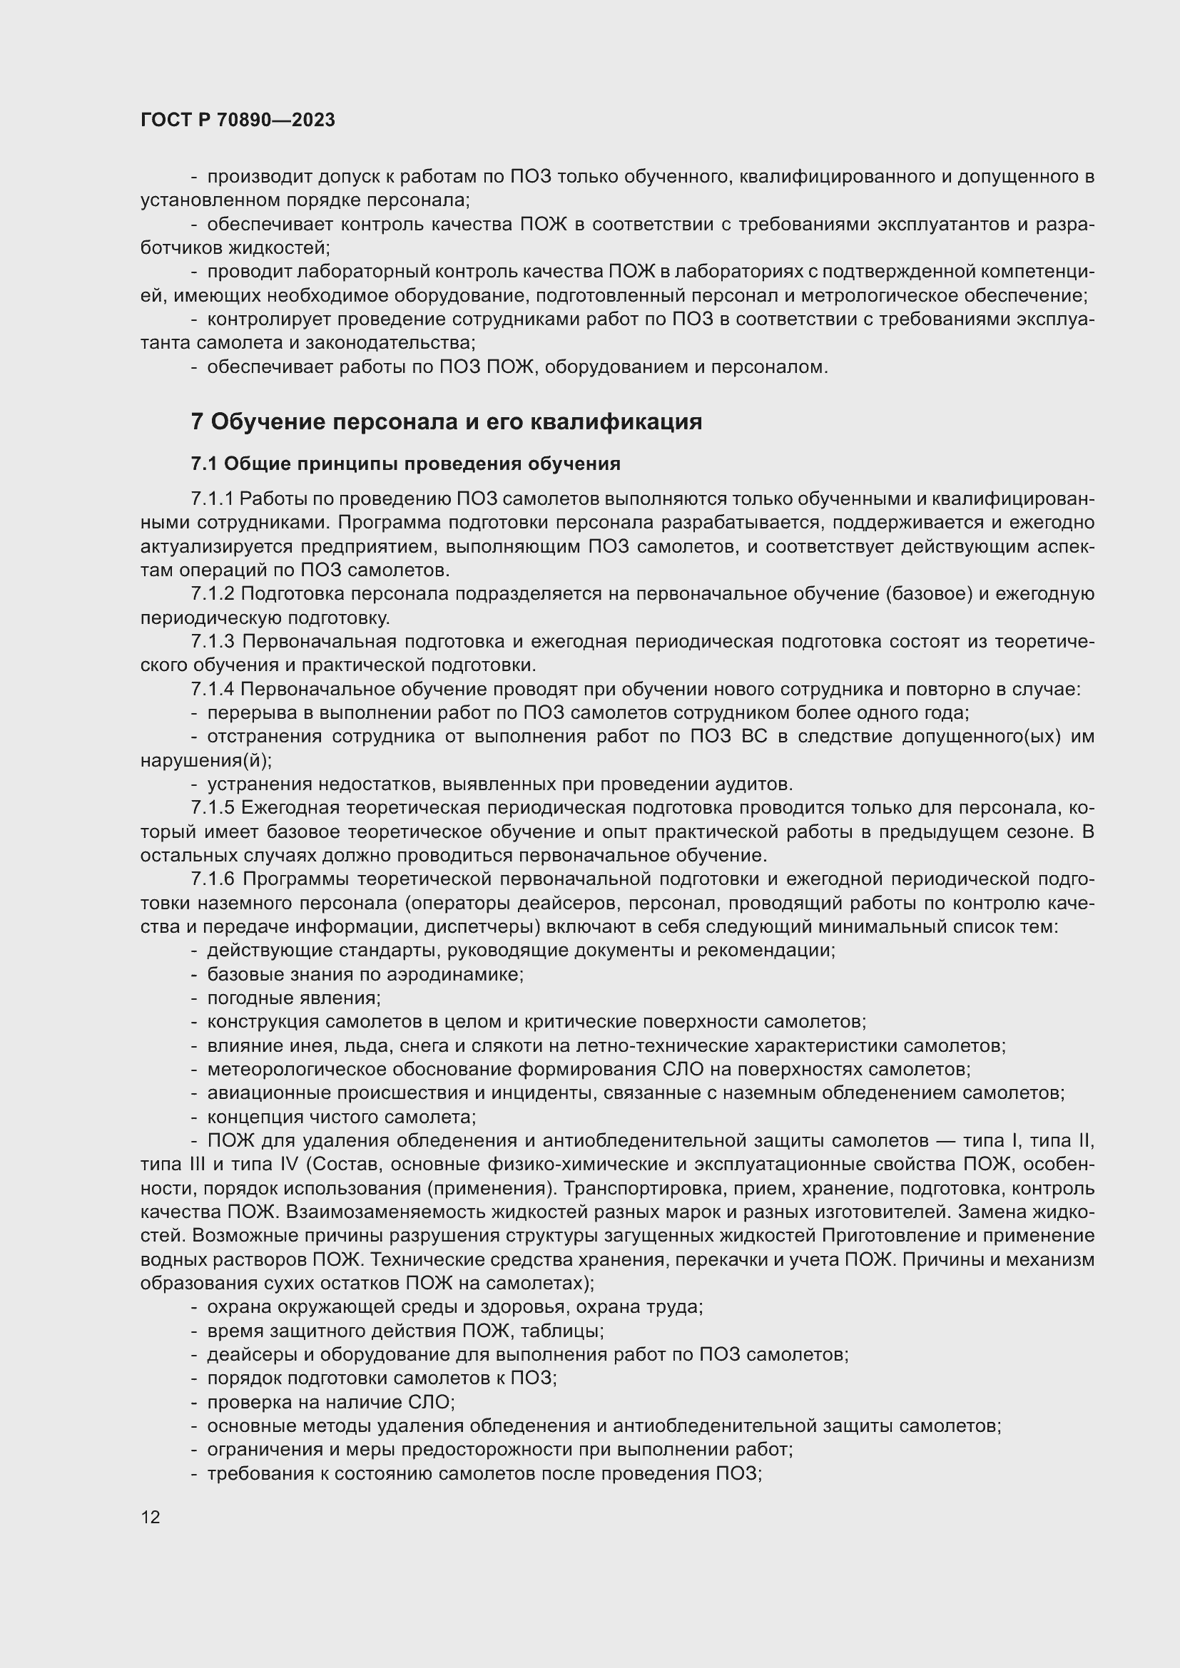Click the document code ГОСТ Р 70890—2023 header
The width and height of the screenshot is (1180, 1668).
coord(238,120)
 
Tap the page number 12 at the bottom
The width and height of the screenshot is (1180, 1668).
coord(151,1517)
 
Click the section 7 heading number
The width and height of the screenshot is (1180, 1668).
coord(197,422)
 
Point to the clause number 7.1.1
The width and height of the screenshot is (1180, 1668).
coord(212,498)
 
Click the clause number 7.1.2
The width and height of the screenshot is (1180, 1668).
coord(212,593)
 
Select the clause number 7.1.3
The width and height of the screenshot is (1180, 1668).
coord(212,642)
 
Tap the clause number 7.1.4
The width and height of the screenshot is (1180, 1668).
coord(212,689)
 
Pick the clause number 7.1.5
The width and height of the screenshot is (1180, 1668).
coord(212,808)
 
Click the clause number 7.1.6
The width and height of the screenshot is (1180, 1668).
coord(212,879)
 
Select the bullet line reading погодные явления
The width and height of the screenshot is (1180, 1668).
coord(293,998)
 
